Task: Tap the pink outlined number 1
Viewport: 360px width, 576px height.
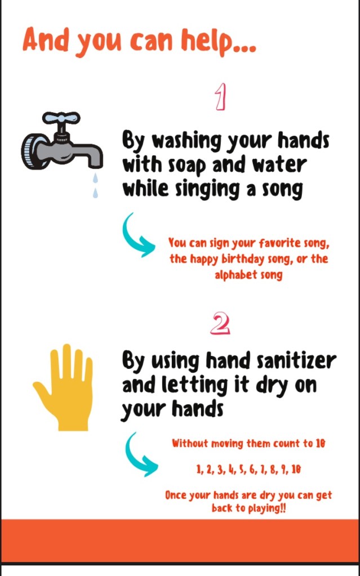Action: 220,97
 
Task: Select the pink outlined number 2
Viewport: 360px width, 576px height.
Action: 220,324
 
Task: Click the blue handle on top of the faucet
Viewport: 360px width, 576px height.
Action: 61,118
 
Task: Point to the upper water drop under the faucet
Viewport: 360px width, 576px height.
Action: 96,178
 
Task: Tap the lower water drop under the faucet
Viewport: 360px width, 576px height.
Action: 96,193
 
